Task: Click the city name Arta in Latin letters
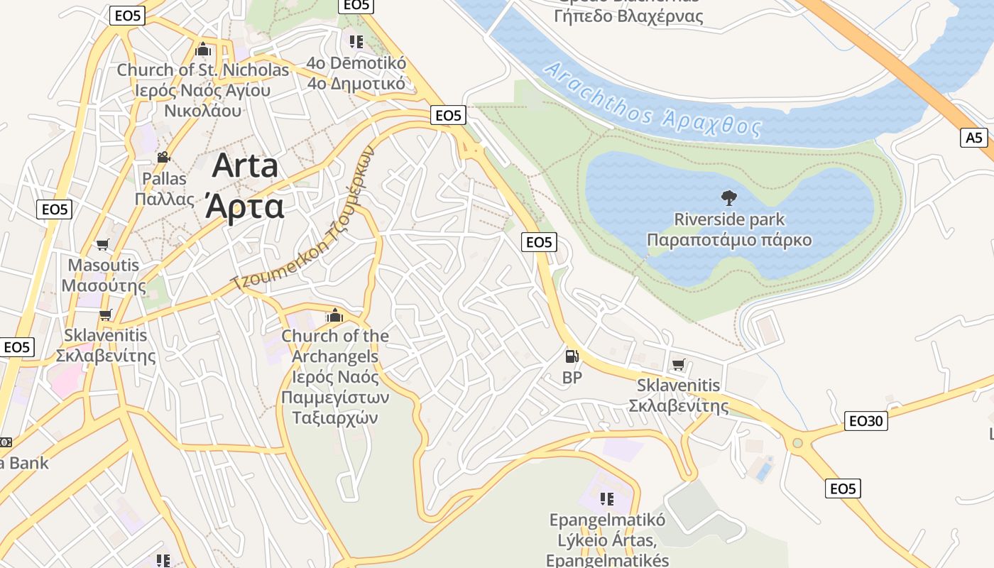pos(245,166)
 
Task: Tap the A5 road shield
pos(975,137)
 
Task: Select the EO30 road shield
pos(867,421)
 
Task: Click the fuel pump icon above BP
pos(572,357)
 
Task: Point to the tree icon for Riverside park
pos(728,198)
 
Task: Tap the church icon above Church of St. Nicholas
pos(203,50)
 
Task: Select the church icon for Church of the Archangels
pos(334,315)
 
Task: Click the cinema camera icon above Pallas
pos(163,158)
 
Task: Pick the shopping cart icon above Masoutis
pos(103,245)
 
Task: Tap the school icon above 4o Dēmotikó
pos(356,42)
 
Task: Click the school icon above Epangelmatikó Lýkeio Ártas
pos(606,499)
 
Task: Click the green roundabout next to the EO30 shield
pos(797,443)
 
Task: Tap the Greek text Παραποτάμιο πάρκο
pos(729,240)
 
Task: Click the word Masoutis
pos(104,266)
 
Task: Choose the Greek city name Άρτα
pos(245,206)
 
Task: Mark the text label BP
pos(572,378)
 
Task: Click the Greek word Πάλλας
pos(164,199)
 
